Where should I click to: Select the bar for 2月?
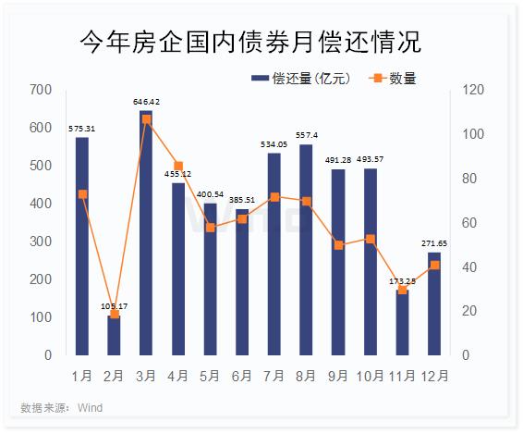tap(114, 336)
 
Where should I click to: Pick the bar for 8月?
tap(306, 250)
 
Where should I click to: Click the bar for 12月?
tap(434, 304)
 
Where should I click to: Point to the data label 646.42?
tap(146, 102)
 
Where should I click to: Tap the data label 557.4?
tap(306, 135)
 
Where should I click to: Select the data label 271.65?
tap(434, 243)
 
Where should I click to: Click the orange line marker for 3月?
tap(146, 119)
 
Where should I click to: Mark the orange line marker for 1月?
tap(82, 194)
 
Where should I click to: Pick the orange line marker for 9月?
tap(338, 245)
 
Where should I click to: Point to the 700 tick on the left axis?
tap(41, 90)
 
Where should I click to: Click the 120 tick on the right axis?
tap(470, 90)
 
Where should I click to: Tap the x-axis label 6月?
tap(241, 376)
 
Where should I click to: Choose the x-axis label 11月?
tap(402, 376)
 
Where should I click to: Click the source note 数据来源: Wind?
tap(61, 408)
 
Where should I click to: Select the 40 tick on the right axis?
tap(468, 267)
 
